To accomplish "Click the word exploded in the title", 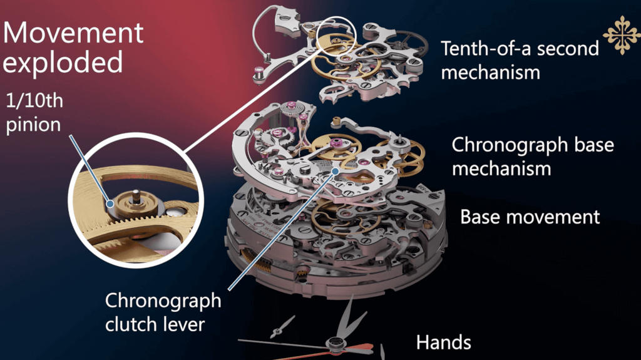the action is [x=63, y=62].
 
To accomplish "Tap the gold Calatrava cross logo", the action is [x=622, y=35].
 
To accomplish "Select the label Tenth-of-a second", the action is [x=520, y=49].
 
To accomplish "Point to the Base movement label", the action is [x=530, y=217].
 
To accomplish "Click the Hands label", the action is [x=444, y=342].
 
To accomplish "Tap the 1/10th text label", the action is [x=35, y=101].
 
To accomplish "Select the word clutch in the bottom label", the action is [x=131, y=324].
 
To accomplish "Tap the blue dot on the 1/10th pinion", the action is [x=110, y=203].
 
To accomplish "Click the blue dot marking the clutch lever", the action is [x=336, y=172].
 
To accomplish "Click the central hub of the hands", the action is [x=336, y=344].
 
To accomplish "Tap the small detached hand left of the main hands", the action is [x=282, y=327].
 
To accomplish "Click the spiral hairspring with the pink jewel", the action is [x=292, y=108].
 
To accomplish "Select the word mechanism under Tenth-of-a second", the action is [x=491, y=73].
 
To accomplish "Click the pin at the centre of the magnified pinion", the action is [x=135, y=196].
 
